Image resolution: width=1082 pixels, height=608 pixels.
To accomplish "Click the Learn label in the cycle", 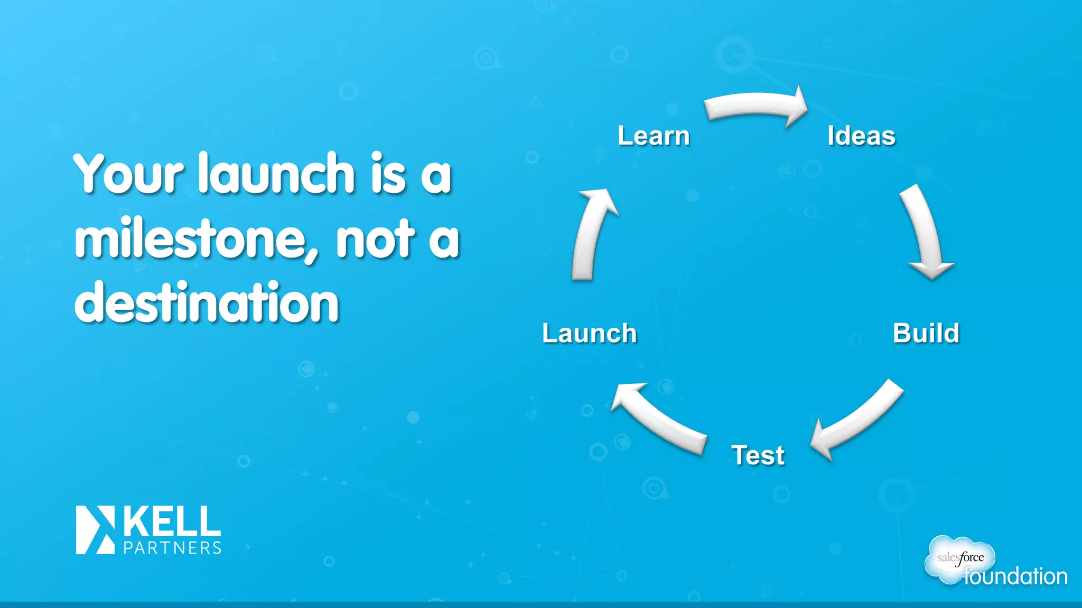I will (654, 136).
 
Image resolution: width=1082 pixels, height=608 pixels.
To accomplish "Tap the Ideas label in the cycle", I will (861, 136).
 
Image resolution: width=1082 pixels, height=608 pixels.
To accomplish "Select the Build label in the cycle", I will (926, 333).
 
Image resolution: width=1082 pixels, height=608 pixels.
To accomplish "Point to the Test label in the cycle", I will (758, 455).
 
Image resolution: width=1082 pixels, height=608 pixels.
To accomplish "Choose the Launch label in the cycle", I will (589, 334).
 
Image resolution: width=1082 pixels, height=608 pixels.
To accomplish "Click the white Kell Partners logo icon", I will (96, 530).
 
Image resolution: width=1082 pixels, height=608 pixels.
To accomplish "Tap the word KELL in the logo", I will (172, 521).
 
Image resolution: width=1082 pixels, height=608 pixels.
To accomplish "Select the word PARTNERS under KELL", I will (172, 548).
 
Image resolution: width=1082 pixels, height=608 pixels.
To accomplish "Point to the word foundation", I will (1015, 576).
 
